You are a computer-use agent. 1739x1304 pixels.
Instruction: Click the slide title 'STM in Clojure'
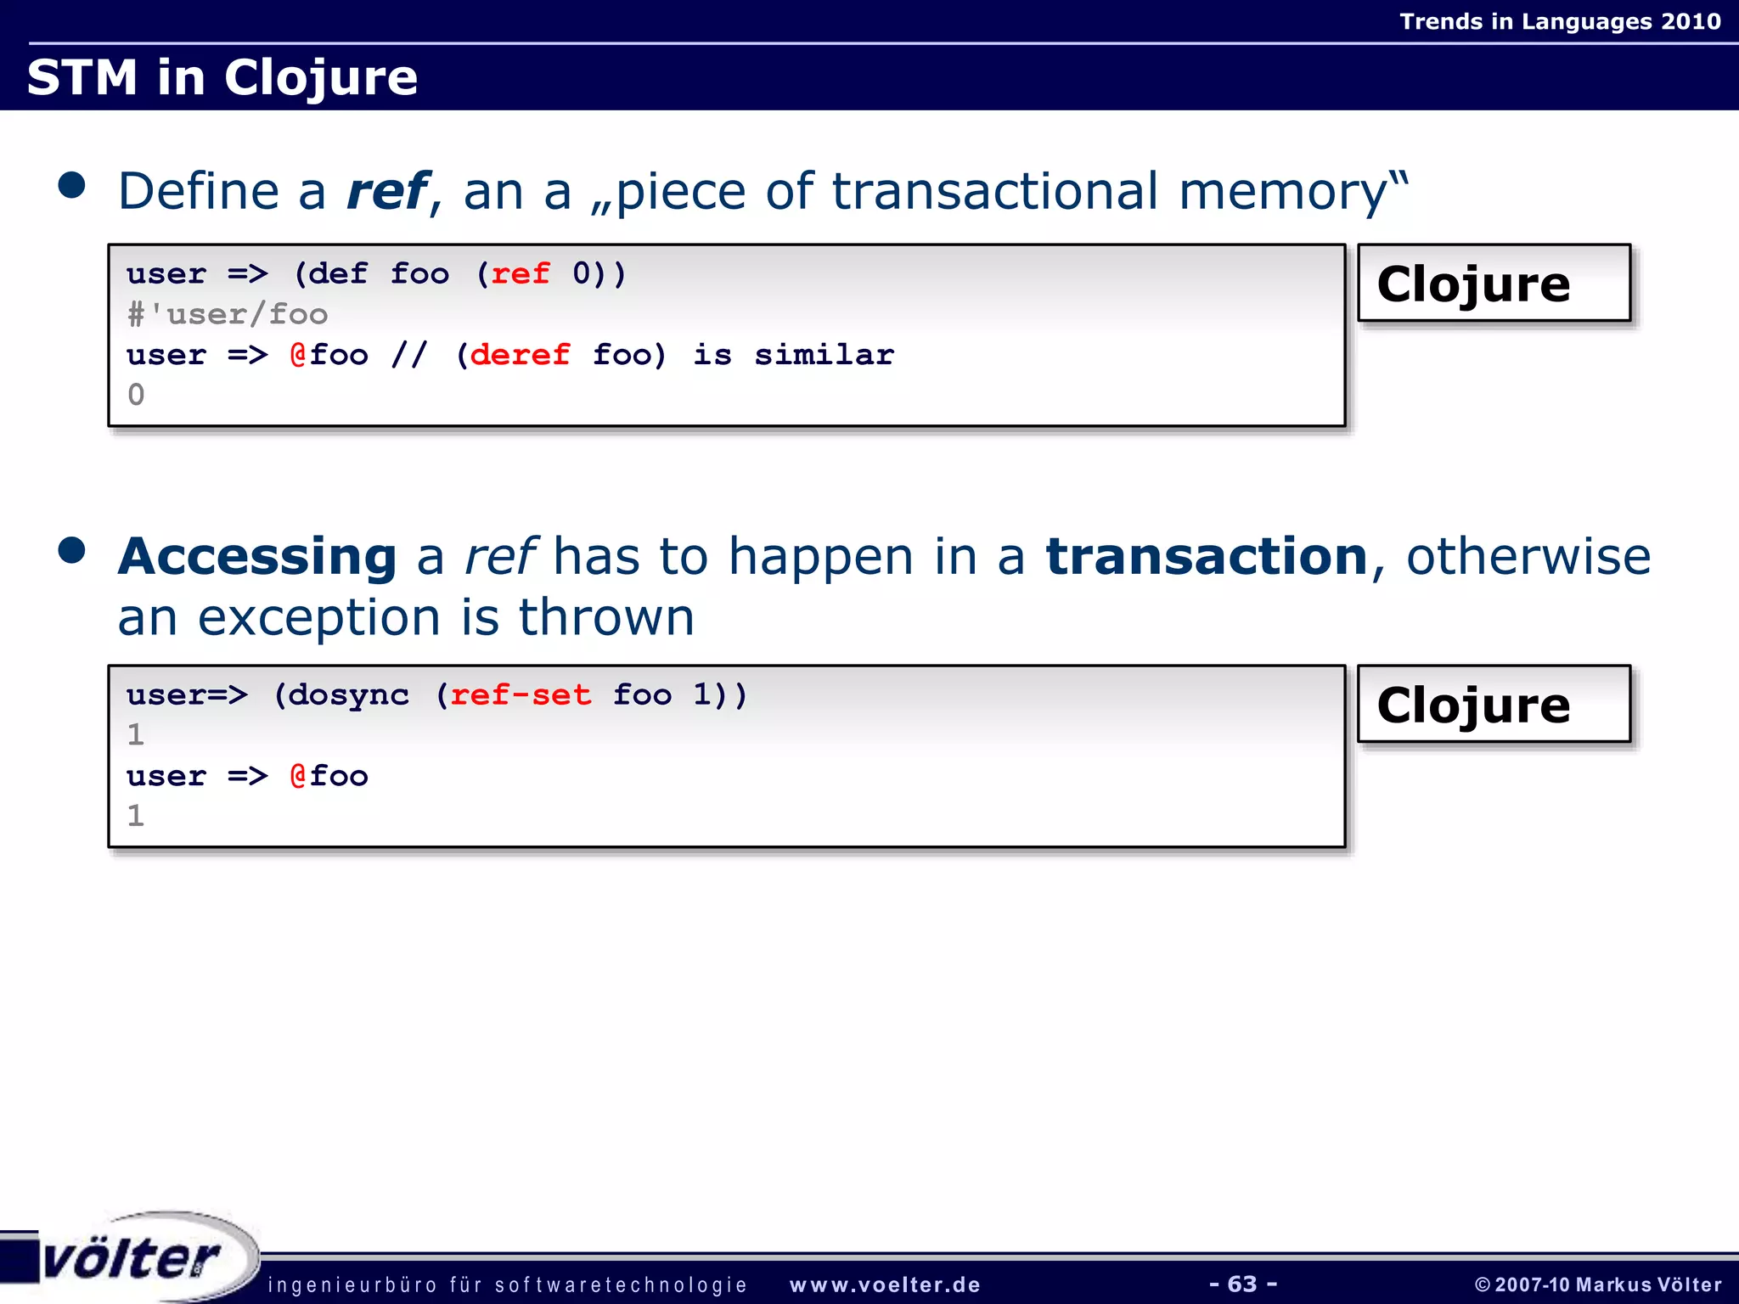(x=222, y=77)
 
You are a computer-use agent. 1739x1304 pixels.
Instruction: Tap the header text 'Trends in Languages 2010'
(x=1560, y=21)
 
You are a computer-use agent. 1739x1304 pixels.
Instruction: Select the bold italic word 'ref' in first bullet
(x=388, y=191)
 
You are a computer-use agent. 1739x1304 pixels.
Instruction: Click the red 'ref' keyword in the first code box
(x=520, y=274)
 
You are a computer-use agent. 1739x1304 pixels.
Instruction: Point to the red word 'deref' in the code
(x=520, y=355)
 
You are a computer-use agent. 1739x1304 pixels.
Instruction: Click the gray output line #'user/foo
(x=227, y=315)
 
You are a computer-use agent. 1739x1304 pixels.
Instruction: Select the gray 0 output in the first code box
(x=136, y=395)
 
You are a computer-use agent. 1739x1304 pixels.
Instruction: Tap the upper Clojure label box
(x=1494, y=284)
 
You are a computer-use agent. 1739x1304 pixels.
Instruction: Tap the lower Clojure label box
(x=1494, y=705)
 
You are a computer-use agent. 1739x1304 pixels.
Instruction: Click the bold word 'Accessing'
(x=257, y=557)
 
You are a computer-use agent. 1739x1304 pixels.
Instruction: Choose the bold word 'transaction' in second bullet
(x=1206, y=557)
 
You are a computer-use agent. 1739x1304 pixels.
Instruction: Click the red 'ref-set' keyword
(x=520, y=695)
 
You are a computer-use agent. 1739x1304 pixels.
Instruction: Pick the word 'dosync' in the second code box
(x=348, y=695)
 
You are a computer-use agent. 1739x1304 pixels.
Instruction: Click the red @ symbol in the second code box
(x=297, y=776)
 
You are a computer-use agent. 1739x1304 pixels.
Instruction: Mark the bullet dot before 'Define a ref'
(x=72, y=185)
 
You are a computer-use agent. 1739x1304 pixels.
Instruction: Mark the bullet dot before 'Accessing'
(x=72, y=550)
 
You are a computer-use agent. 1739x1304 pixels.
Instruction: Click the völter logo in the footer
(x=132, y=1257)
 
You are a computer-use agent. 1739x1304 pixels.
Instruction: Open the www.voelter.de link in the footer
(x=885, y=1284)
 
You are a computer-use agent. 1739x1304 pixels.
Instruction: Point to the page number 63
(x=1242, y=1284)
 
